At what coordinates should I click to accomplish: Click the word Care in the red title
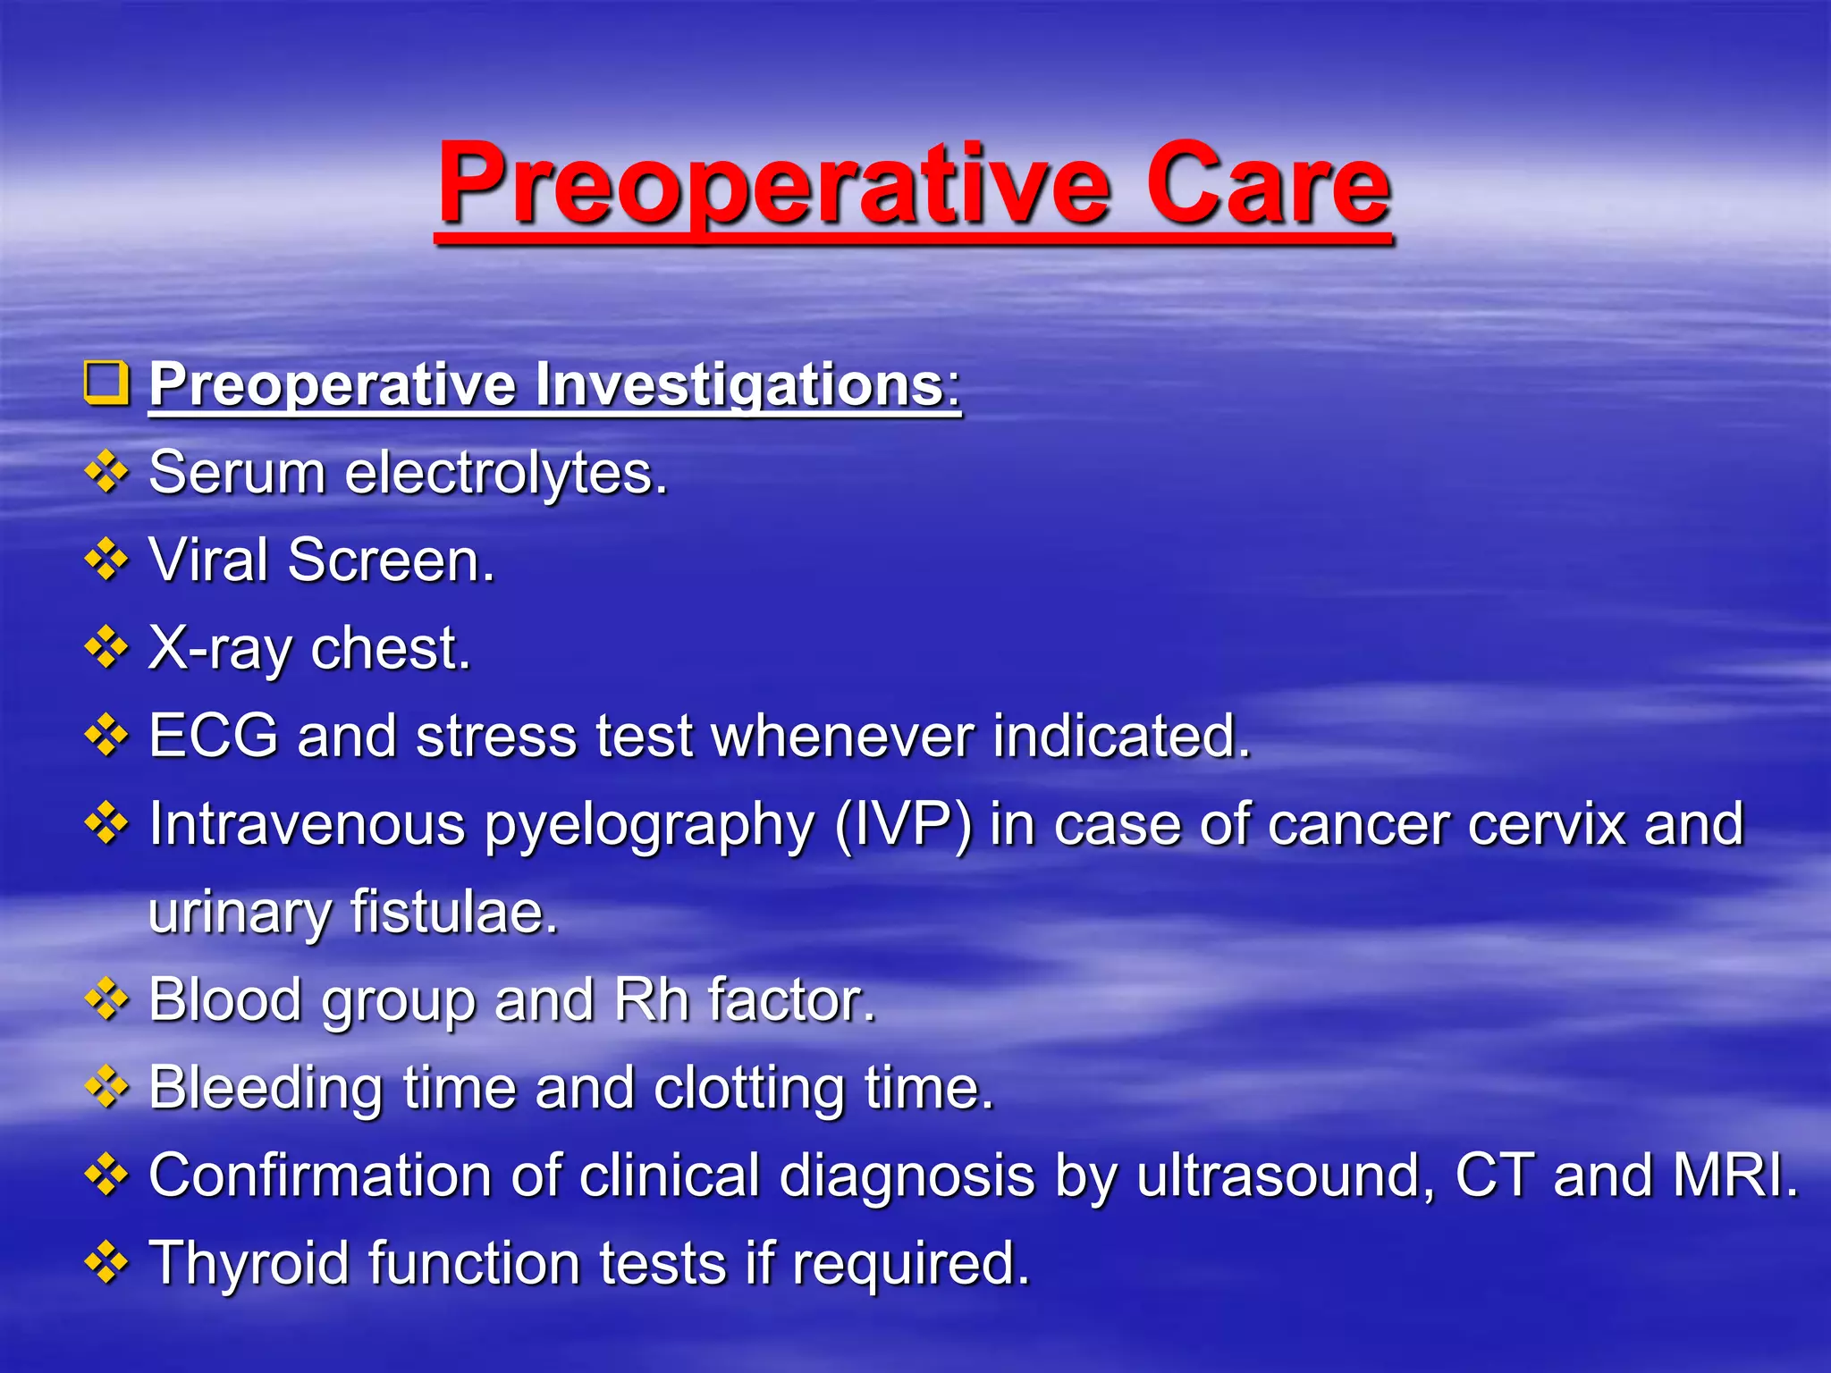coord(1268,185)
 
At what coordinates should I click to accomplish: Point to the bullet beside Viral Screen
coord(106,560)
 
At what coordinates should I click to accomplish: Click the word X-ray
coord(220,648)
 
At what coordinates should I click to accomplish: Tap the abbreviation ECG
coord(214,736)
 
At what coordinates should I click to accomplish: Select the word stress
coord(496,736)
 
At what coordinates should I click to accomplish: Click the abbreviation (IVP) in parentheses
coord(903,823)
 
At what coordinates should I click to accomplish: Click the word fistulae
coord(454,912)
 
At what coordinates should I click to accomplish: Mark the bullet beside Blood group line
coord(106,998)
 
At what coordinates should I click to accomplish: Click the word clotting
coord(749,1088)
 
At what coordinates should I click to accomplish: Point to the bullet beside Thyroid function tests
coord(106,1262)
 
